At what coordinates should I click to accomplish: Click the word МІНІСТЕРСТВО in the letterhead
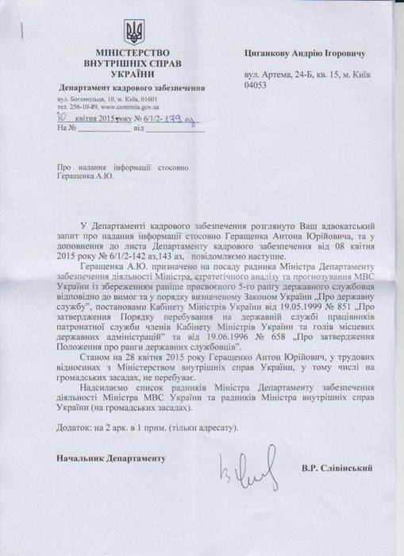click(132, 51)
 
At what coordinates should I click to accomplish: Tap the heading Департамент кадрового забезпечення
click(131, 87)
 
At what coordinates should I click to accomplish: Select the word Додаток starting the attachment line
click(75, 426)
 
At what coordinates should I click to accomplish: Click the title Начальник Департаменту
click(109, 459)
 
